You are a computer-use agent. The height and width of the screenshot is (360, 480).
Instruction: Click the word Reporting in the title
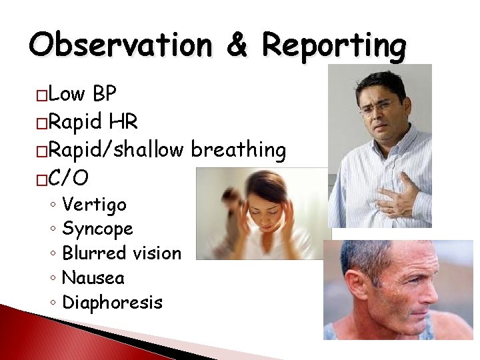coord(334,46)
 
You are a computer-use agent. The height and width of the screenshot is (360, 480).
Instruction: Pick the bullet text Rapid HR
coord(94,122)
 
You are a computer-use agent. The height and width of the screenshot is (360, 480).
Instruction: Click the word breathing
coord(239,150)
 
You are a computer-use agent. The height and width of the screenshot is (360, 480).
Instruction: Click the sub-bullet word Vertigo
coord(94,204)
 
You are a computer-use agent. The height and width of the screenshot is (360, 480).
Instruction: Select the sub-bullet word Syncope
coord(97,229)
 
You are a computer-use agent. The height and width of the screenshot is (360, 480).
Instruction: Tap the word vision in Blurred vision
coord(157,253)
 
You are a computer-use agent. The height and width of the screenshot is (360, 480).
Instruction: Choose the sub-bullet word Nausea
coord(93,277)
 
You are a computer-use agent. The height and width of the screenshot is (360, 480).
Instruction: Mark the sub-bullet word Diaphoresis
coord(112,302)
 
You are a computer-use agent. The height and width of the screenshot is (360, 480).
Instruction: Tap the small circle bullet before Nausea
coord(52,278)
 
